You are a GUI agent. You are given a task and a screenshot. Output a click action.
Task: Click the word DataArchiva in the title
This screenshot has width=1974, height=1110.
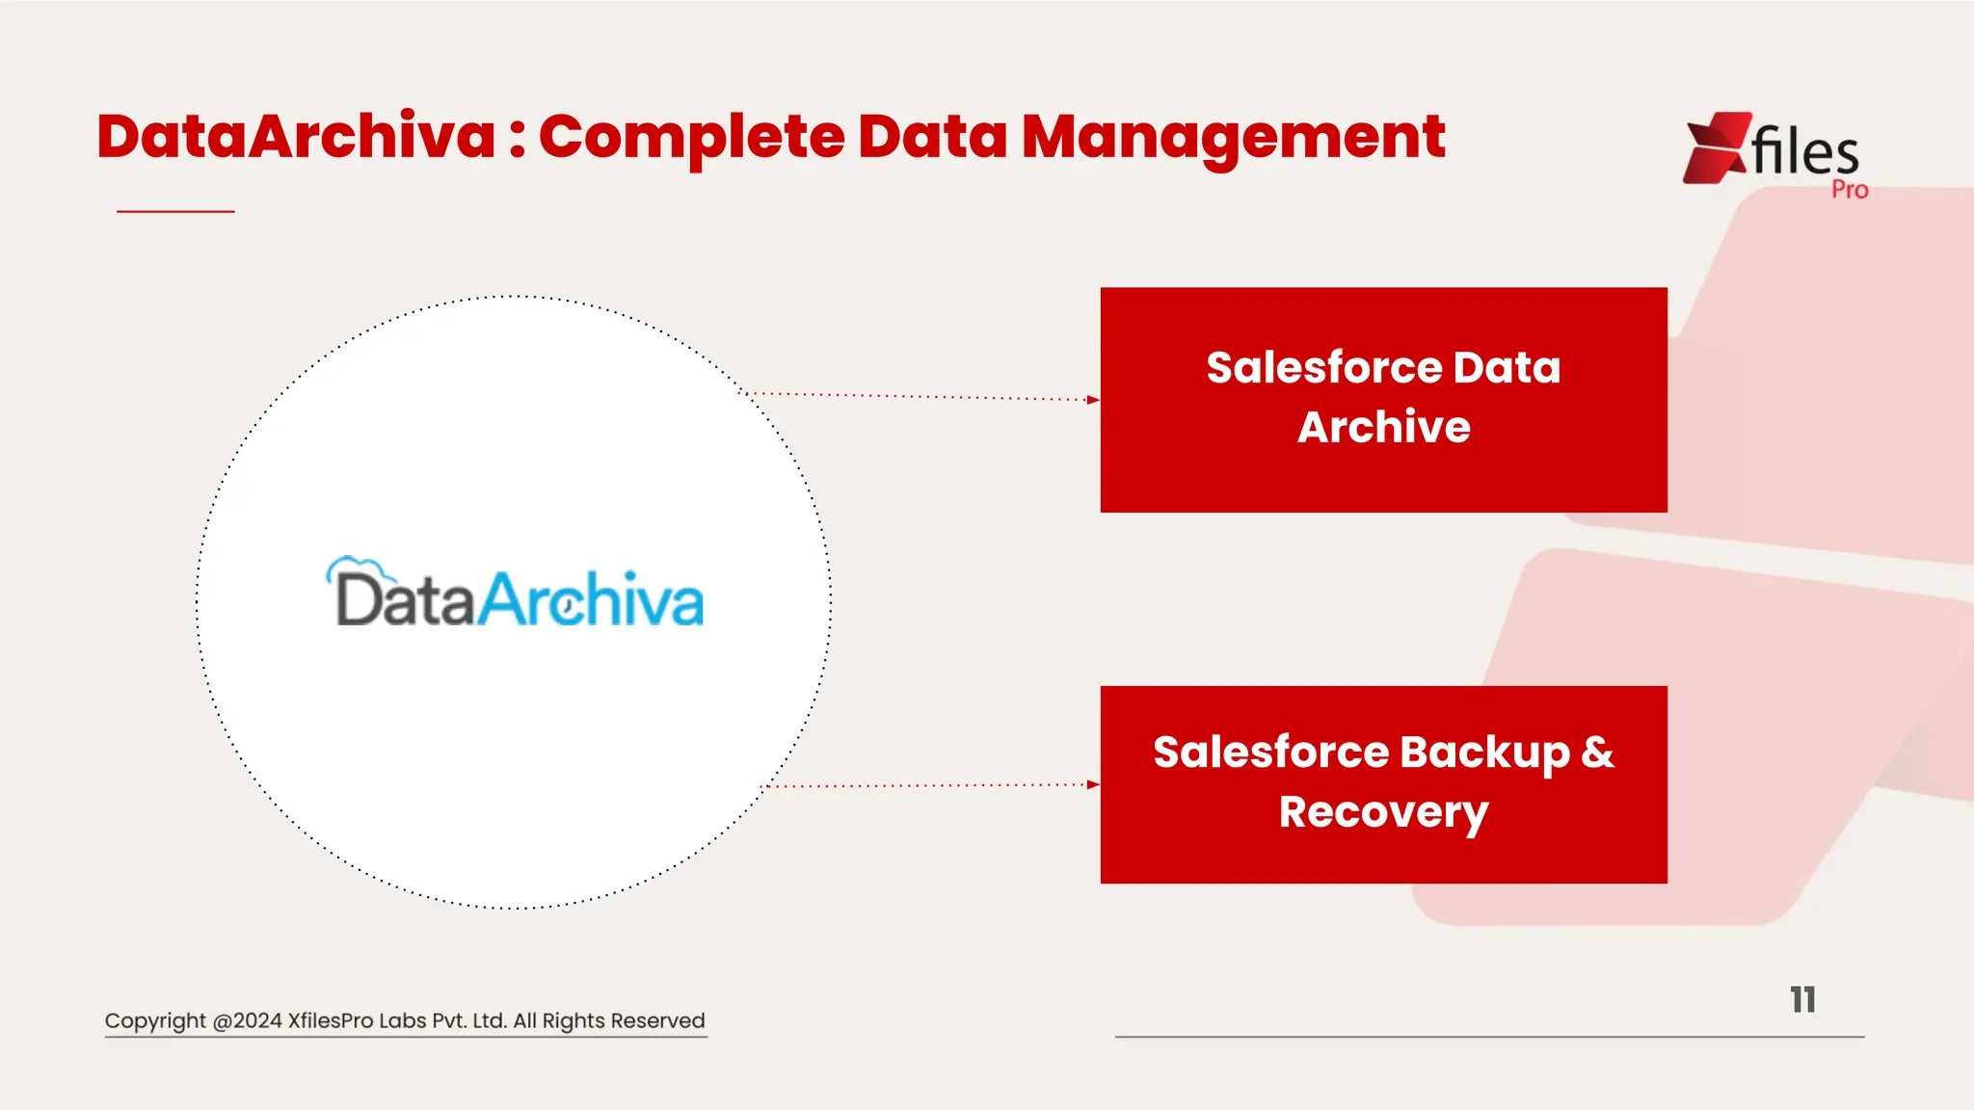tap(296, 137)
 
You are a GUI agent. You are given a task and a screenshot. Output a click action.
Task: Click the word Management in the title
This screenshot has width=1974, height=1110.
tap(1233, 137)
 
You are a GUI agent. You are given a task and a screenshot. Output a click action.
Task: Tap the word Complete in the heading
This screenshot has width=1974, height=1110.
tap(691, 137)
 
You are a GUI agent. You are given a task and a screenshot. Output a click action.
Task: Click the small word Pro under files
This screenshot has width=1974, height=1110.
tap(1850, 190)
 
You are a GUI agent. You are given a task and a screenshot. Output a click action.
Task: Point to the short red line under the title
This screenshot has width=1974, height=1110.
tap(175, 211)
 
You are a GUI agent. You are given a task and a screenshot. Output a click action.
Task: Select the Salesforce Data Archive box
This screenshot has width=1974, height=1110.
tap(1383, 399)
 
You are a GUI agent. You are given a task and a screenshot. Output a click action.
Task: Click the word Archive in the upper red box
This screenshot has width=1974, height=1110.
tap(1383, 428)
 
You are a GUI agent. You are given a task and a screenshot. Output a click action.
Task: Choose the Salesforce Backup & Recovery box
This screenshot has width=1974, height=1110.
tap(1383, 784)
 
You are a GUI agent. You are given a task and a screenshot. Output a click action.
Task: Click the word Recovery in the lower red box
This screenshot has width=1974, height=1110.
tap(1383, 812)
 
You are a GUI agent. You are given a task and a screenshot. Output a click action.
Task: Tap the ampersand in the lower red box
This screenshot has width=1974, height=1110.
tap(1597, 753)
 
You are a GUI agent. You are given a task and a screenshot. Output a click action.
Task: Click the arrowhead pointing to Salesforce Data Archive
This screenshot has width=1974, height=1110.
tap(1092, 399)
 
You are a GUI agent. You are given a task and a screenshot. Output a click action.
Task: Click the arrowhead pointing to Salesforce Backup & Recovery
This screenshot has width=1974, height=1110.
tap(1092, 784)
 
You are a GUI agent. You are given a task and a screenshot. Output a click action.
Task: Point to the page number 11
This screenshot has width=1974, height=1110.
tap(1802, 1000)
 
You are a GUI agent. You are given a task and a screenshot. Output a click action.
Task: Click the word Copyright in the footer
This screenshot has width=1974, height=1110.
tap(155, 1021)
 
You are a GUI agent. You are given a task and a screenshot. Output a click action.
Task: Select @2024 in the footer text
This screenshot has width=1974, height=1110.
tap(247, 1021)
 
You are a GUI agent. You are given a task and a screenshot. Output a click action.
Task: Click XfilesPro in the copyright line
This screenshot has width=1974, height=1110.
tap(330, 1021)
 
